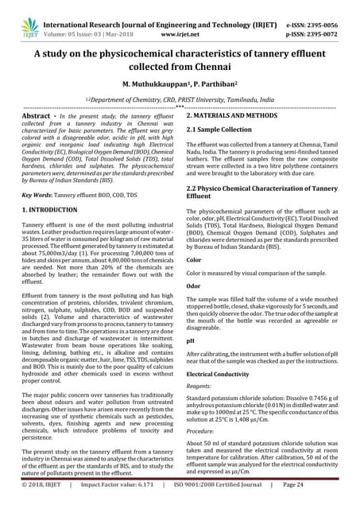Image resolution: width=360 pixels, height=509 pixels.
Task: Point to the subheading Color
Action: tap(193, 259)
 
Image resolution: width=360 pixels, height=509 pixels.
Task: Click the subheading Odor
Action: tap(193, 285)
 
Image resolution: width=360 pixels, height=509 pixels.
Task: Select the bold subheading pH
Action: tap(191, 340)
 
